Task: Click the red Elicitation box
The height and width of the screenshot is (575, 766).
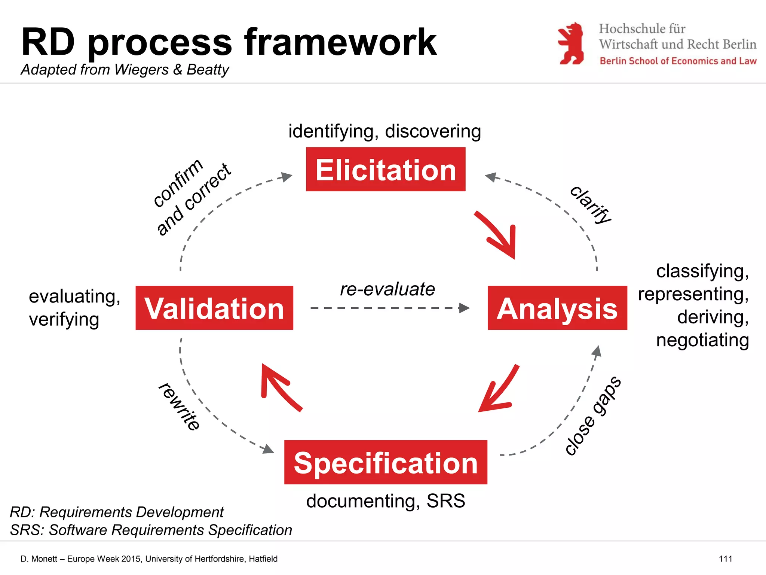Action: click(x=386, y=169)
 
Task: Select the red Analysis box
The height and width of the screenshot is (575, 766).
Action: click(x=557, y=308)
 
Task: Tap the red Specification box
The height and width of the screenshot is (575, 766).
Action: click(x=386, y=462)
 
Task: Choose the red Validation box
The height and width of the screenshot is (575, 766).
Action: click(x=214, y=308)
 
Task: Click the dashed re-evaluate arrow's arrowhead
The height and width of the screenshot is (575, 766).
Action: click(x=465, y=308)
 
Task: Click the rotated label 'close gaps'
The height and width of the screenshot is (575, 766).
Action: click(x=593, y=416)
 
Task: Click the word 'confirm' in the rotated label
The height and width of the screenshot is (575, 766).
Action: click(x=178, y=183)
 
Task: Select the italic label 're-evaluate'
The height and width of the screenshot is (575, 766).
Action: click(x=387, y=289)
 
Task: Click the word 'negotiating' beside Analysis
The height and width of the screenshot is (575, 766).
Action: click(x=702, y=340)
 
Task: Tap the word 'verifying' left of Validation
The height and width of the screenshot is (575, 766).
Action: click(x=64, y=319)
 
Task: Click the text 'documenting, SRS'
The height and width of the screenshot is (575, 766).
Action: click(x=386, y=501)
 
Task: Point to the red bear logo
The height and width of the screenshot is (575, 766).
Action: click(x=570, y=43)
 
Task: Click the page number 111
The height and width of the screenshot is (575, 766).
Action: click(x=725, y=559)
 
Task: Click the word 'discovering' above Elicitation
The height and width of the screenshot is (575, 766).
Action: click(x=433, y=131)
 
